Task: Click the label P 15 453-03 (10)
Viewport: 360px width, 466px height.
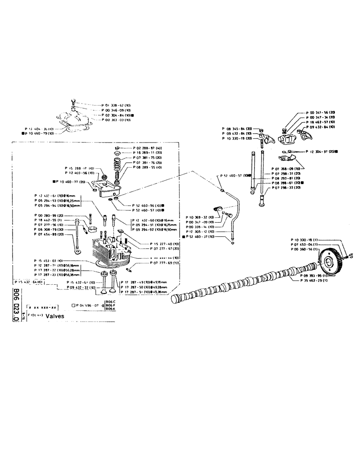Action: (x=49, y=260)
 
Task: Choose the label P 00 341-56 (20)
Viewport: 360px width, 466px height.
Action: (x=322, y=113)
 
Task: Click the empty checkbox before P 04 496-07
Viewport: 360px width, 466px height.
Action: (x=74, y=305)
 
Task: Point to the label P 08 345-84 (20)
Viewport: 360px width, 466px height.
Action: (x=237, y=128)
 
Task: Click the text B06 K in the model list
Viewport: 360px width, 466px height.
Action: (x=110, y=309)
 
